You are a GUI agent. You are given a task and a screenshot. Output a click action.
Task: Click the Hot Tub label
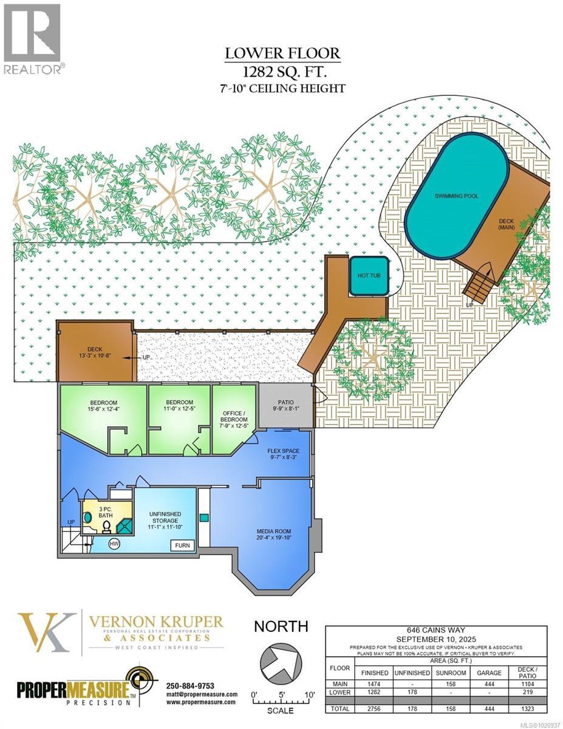[x=368, y=276]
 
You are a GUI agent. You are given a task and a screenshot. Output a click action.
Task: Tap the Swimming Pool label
[x=456, y=196]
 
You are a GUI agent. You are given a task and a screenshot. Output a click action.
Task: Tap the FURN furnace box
[x=182, y=545]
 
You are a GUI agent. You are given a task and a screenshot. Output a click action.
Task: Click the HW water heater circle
[x=114, y=544]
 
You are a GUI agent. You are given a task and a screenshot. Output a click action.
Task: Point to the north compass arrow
[x=280, y=663]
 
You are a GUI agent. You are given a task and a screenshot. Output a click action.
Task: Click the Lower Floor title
[x=282, y=53]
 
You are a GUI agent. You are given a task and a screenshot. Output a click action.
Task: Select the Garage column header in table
[x=489, y=673]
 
